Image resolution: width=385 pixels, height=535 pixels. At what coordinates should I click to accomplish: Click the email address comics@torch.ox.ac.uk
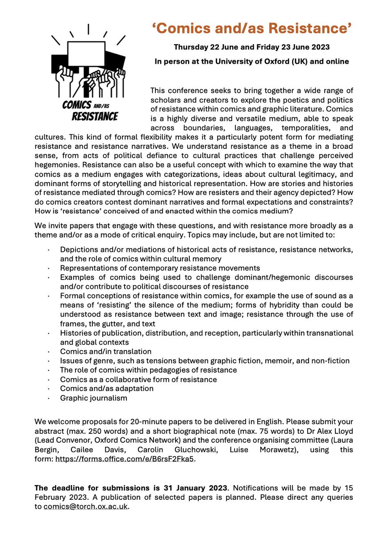85,506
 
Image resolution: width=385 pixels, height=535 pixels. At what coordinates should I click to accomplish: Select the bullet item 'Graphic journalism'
93,398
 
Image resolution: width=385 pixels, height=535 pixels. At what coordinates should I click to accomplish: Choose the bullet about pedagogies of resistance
148,370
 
